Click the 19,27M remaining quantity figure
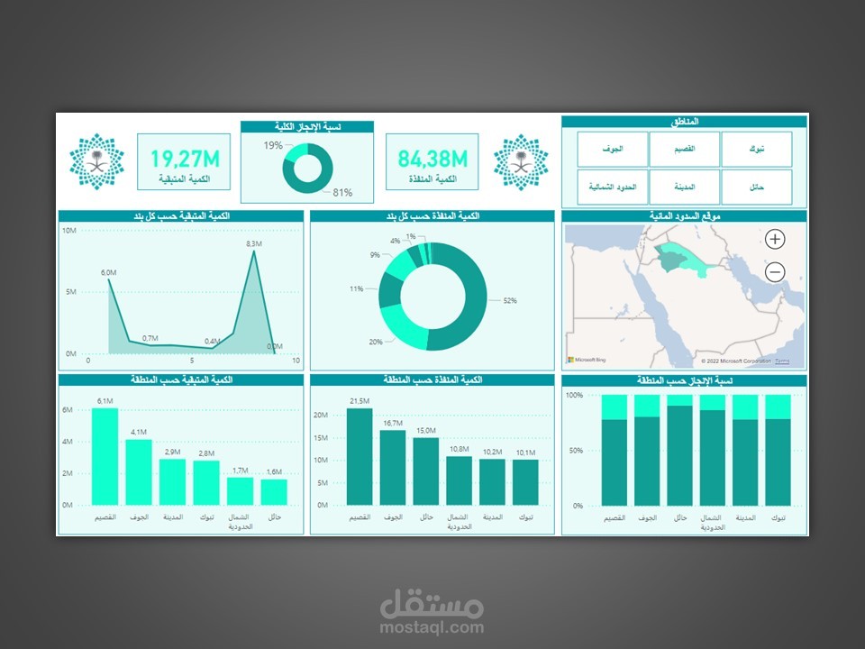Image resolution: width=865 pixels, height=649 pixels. click(185, 160)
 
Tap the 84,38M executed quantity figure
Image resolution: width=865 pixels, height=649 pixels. click(432, 160)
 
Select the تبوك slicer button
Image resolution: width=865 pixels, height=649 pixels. click(757, 149)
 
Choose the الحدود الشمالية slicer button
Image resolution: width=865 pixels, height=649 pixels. click(613, 187)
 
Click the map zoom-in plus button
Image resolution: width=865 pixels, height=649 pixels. click(775, 239)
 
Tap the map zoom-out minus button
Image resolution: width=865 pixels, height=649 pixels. click(775, 271)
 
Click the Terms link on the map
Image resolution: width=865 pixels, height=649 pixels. click(782, 361)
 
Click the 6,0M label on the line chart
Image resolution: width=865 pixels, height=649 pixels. click(108, 272)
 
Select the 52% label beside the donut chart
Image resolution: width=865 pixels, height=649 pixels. click(510, 300)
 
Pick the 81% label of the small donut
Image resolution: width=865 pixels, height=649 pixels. click(342, 193)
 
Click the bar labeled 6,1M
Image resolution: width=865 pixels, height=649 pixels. click(105, 456)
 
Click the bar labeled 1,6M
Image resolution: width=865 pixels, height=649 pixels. click(274, 491)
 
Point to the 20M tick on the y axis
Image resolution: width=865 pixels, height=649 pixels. click(320, 416)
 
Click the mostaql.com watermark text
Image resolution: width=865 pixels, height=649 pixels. click(432, 627)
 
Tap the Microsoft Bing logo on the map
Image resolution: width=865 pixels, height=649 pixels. click(585, 360)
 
